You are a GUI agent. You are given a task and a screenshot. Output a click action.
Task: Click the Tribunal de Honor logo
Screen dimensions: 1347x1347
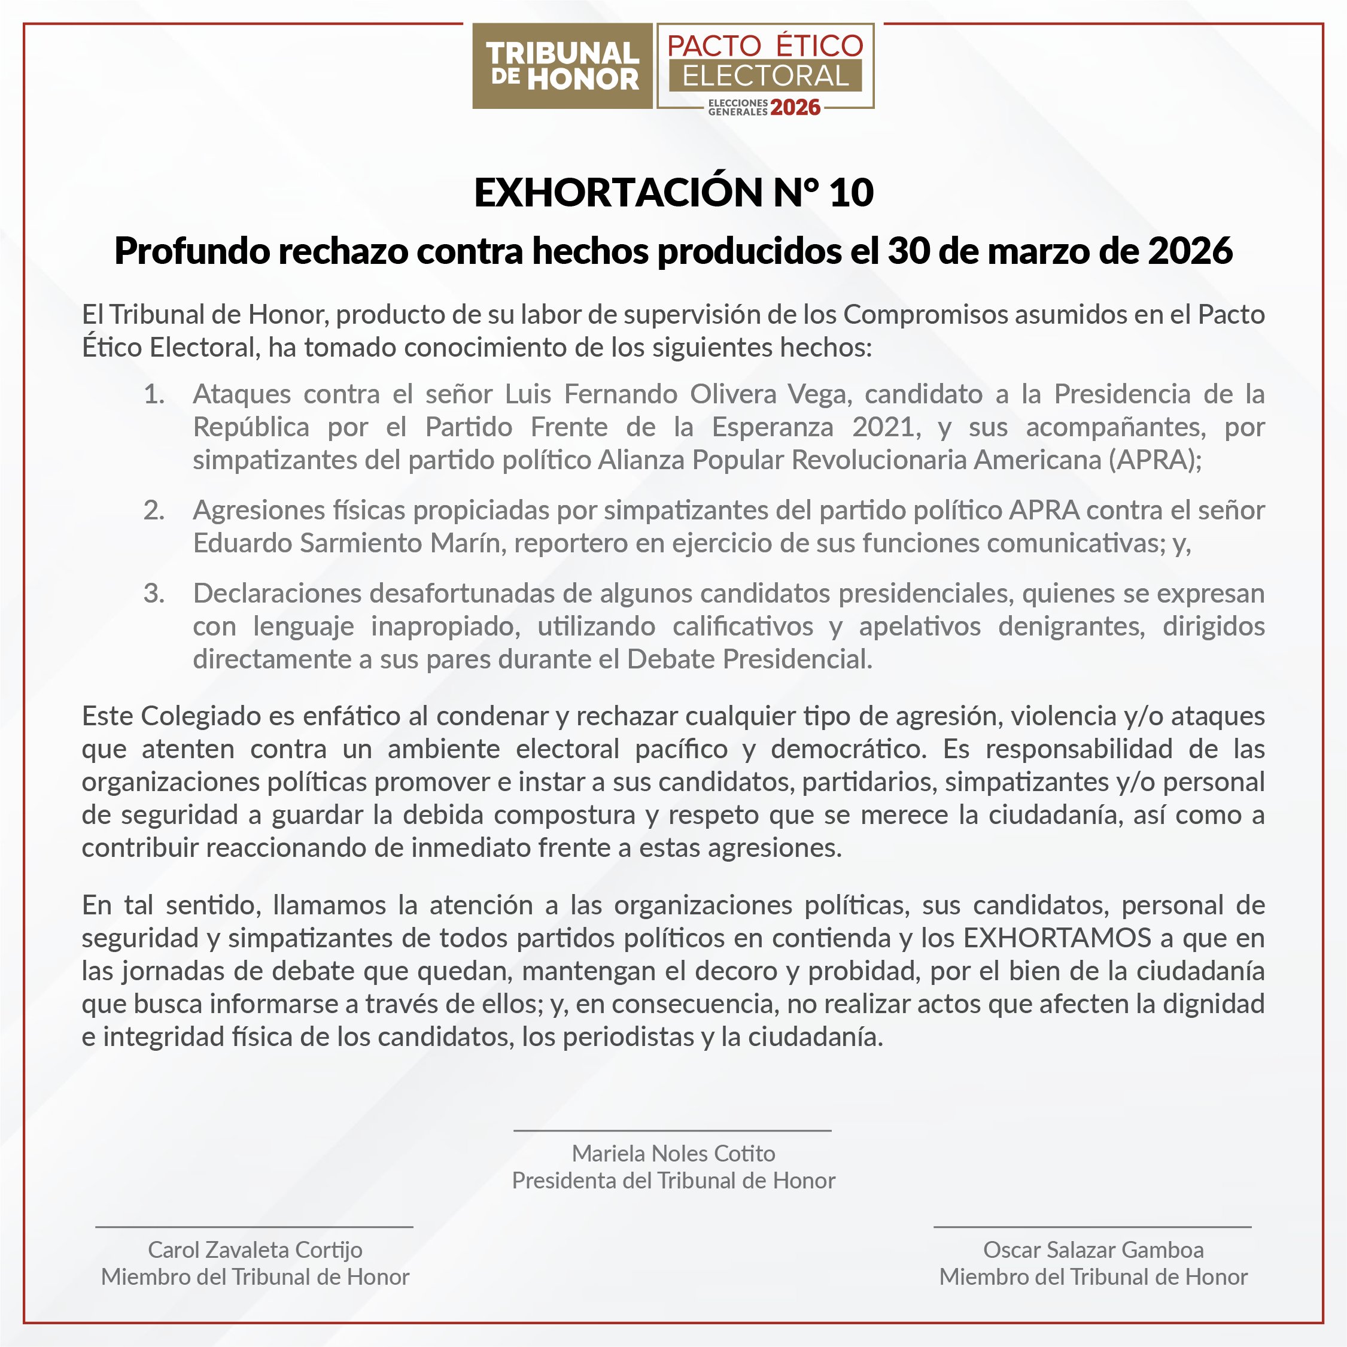coord(562,66)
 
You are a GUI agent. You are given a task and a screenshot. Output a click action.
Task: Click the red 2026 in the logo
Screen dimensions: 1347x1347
coord(795,108)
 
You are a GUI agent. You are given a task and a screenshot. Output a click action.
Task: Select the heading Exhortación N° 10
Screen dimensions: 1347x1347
coord(674,193)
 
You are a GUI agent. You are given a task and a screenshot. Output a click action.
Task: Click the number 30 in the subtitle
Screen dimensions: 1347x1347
coord(908,251)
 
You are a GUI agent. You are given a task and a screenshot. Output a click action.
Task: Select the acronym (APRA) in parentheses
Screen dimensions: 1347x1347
coord(1154,460)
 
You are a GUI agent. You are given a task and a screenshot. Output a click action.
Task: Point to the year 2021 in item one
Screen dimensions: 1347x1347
coord(883,427)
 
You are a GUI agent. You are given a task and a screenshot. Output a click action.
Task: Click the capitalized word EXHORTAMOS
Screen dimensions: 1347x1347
coord(1057,938)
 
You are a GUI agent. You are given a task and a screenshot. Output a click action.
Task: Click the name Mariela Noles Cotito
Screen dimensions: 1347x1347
coord(674,1154)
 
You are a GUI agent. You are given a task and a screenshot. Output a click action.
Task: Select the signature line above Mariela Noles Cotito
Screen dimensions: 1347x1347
coord(673,1131)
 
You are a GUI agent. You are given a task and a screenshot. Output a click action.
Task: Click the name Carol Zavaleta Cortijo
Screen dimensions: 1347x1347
coord(255,1250)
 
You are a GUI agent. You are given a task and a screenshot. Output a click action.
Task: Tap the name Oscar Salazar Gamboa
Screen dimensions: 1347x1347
coord(1093,1250)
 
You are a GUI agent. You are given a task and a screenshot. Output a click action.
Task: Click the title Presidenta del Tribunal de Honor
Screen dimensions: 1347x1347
coord(674,1181)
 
